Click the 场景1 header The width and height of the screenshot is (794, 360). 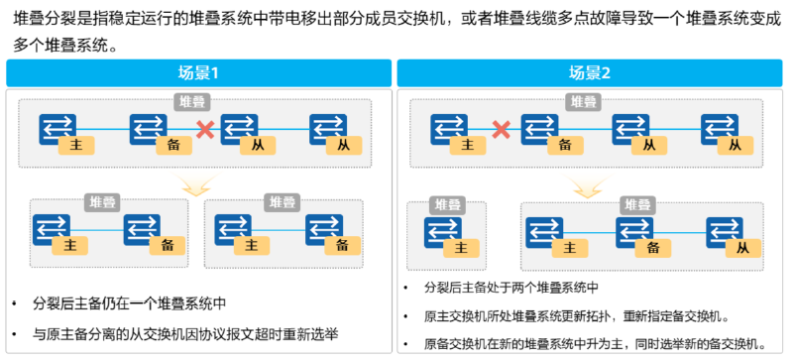tap(198, 73)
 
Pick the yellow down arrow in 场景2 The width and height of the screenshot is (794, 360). tap(592, 185)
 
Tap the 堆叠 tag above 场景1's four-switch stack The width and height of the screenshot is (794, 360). tap(191, 101)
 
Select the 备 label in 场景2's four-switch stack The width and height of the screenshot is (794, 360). tap(565, 145)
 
